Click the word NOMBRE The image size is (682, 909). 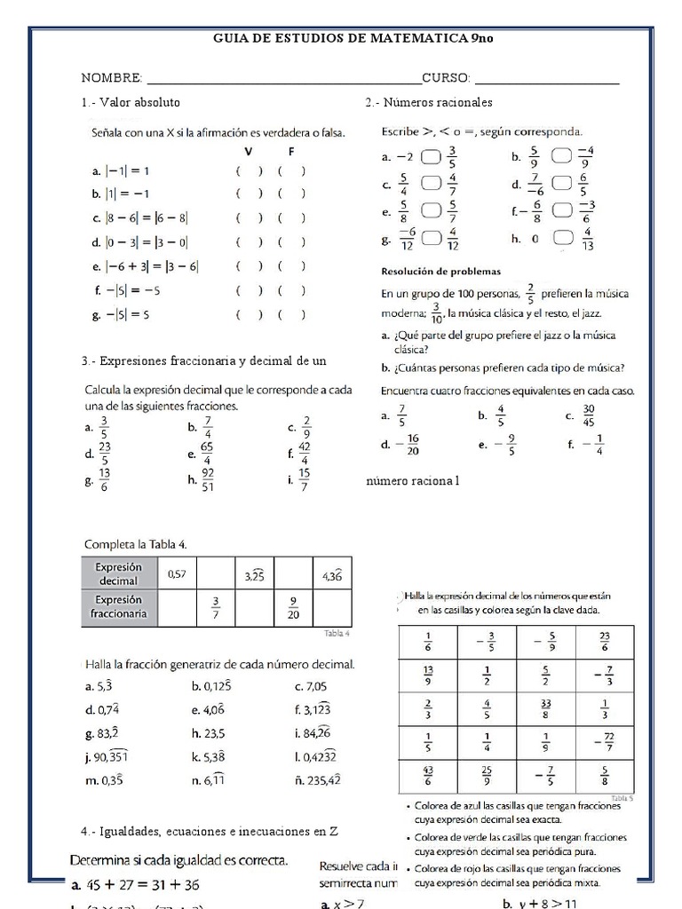pyautogui.click(x=112, y=79)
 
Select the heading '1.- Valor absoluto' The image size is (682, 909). pyautogui.click(x=131, y=103)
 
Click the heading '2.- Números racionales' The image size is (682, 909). pyautogui.click(x=429, y=103)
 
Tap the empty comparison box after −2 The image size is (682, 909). pyautogui.click(x=431, y=157)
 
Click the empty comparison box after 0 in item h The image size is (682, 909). pyautogui.click(x=561, y=238)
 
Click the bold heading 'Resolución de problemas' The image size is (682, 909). pyautogui.click(x=441, y=271)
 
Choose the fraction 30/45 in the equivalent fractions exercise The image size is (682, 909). pyautogui.click(x=589, y=415)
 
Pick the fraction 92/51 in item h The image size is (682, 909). pyautogui.click(x=207, y=480)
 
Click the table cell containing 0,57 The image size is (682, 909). pyautogui.click(x=178, y=575)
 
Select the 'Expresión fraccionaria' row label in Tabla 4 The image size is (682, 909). pyautogui.click(x=119, y=607)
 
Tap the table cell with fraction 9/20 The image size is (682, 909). pyautogui.click(x=293, y=608)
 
